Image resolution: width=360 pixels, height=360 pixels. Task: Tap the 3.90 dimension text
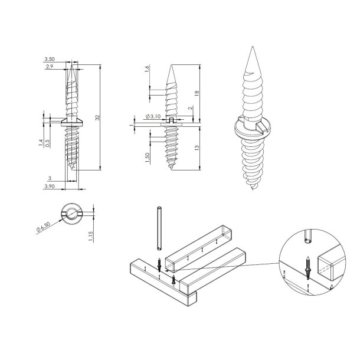pos(50,185)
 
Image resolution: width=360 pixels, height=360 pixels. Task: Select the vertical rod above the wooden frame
pos(159,230)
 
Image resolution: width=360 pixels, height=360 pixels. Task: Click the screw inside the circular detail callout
pos(309,265)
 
